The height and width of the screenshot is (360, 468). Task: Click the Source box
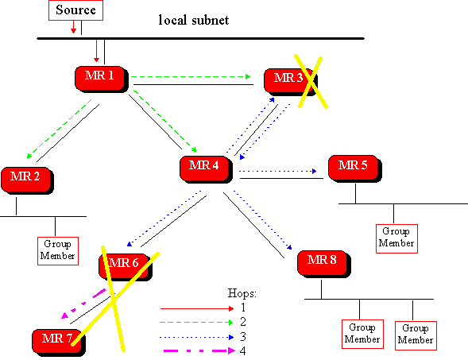75,10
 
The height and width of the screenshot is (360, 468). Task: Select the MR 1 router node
102,79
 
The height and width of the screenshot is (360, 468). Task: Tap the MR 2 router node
28,180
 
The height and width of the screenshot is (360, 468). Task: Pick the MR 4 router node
206,169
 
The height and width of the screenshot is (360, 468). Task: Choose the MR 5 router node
355,168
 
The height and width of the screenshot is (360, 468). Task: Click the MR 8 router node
324,264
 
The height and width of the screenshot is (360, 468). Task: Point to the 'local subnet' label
194,21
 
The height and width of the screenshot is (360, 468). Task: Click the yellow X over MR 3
311,80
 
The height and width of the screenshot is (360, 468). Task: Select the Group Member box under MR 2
58,251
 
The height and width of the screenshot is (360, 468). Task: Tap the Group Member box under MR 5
396,238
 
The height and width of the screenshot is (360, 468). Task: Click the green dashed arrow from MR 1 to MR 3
191,77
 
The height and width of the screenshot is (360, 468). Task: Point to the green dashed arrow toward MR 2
59,129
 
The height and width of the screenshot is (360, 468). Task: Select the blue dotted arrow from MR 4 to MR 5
278,172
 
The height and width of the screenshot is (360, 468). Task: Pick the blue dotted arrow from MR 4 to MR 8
263,219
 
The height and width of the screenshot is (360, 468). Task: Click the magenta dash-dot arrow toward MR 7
83,304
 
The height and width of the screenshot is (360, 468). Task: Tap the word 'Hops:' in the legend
242,293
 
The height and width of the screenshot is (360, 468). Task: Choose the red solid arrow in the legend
197,308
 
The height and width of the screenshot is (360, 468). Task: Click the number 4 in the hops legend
242,350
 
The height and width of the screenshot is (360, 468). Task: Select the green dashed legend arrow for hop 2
196,323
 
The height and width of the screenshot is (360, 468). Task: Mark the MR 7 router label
57,339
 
